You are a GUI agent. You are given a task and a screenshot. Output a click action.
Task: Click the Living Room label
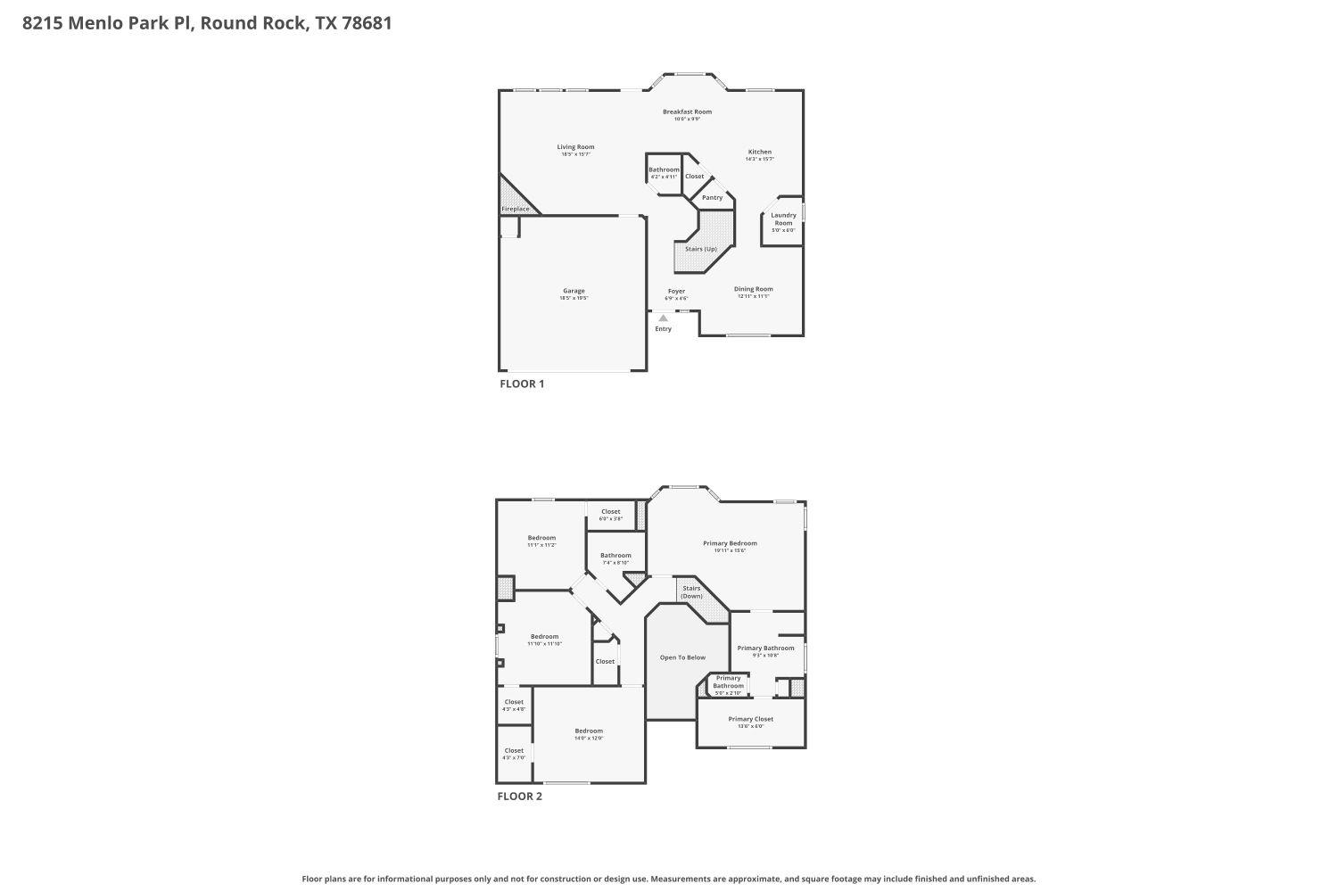coord(575,148)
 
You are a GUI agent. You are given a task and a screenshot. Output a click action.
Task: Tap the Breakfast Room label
coord(687,112)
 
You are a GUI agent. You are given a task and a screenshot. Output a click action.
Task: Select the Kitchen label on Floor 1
coord(759,153)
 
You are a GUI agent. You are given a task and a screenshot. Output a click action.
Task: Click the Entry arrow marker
coord(663,318)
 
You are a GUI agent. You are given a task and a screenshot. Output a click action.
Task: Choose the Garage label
coord(574,292)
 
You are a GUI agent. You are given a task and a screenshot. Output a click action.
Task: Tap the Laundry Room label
coord(783,219)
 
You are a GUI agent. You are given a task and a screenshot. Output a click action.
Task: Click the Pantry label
coord(712,198)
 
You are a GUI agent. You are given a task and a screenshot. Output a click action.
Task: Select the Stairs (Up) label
coord(701,249)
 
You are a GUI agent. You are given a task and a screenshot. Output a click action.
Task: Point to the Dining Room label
coord(753,290)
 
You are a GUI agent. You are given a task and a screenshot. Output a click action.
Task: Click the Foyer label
coord(676,292)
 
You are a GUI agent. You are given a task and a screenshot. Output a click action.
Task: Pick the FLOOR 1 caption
coord(521,384)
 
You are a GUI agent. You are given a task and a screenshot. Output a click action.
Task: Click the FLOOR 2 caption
coord(519,797)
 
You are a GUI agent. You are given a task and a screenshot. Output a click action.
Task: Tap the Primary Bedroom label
coord(730,544)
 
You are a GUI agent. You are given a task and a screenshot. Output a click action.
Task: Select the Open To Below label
coord(682,657)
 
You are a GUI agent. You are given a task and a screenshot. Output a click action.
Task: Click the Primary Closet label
coord(750,719)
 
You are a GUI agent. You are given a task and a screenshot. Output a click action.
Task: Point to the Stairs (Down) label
coord(691,592)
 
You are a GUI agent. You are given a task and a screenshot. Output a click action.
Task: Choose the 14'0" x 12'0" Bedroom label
coord(589,731)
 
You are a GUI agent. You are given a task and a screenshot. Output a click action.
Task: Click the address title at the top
coord(207,23)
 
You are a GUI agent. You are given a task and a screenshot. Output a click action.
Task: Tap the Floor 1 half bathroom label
coord(664,170)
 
